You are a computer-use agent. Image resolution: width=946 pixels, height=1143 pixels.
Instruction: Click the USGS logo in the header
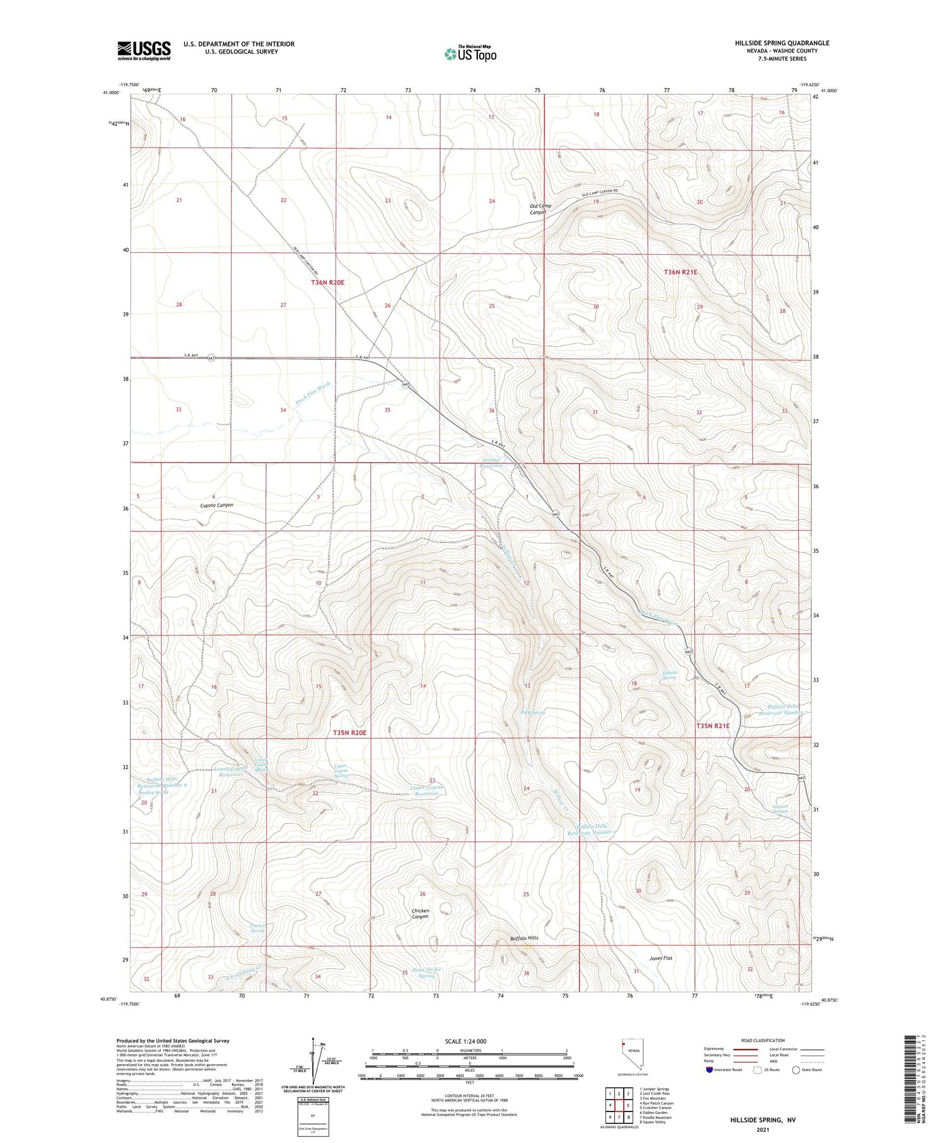click(x=144, y=50)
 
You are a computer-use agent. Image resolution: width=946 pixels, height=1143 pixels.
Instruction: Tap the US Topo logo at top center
click(x=470, y=54)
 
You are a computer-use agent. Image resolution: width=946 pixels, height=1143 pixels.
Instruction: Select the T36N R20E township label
click(x=328, y=282)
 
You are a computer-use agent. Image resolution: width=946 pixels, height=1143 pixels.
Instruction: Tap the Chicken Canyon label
click(x=420, y=914)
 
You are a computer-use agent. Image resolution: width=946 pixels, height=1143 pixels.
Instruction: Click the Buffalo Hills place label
click(x=525, y=939)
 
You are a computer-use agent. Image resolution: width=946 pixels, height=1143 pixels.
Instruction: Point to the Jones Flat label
click(x=661, y=958)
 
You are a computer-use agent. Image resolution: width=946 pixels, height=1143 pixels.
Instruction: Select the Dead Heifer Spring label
click(x=423, y=972)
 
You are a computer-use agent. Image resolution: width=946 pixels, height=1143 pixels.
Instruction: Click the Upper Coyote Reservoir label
click(x=427, y=791)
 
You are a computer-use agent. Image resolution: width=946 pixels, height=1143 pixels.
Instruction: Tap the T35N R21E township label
click(x=713, y=726)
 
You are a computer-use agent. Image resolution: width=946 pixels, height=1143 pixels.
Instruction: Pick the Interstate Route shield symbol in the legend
click(x=709, y=1070)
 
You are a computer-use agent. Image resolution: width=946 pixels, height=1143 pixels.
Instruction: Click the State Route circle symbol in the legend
click(x=796, y=1070)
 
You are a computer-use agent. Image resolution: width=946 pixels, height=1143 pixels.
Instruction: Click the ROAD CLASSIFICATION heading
click(x=763, y=1040)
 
